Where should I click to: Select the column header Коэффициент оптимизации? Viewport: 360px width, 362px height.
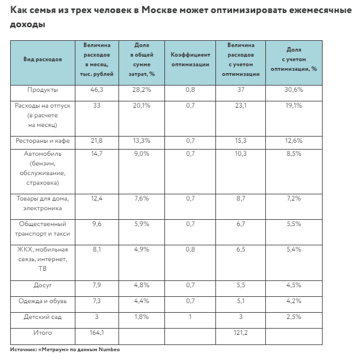coord(190,59)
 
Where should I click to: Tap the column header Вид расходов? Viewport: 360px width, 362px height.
coord(43,59)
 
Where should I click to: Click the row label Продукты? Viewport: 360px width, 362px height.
coord(43,90)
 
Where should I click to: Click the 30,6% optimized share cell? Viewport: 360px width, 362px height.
coord(294,90)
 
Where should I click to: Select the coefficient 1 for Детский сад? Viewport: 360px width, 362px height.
coord(190,317)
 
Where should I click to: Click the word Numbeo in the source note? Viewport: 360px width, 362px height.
coord(108,350)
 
